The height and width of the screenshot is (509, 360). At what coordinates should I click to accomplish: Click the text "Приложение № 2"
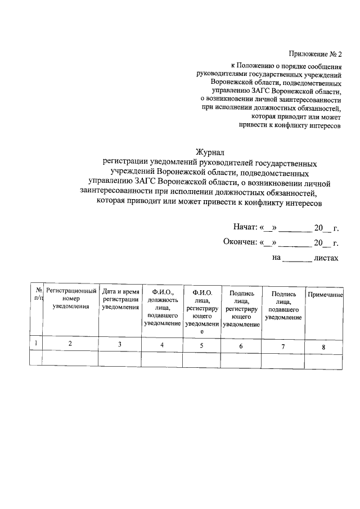(x=315, y=55)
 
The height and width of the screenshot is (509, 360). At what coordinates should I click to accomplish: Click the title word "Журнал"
(x=210, y=152)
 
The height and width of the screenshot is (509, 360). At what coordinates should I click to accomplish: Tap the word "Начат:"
(x=245, y=228)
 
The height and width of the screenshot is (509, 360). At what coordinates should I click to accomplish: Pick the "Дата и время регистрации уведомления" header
(x=120, y=299)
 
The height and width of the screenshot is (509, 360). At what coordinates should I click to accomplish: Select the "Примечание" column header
(x=325, y=295)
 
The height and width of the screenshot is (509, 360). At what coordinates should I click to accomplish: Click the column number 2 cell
(x=70, y=344)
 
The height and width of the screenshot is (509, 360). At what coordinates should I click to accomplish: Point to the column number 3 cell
(x=120, y=344)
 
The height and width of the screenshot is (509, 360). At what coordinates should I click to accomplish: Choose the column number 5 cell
(x=202, y=345)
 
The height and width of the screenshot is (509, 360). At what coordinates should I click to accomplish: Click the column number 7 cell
(x=283, y=346)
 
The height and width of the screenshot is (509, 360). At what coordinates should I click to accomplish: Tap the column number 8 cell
(x=323, y=346)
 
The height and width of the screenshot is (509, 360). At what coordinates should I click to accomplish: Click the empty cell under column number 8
(x=323, y=359)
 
